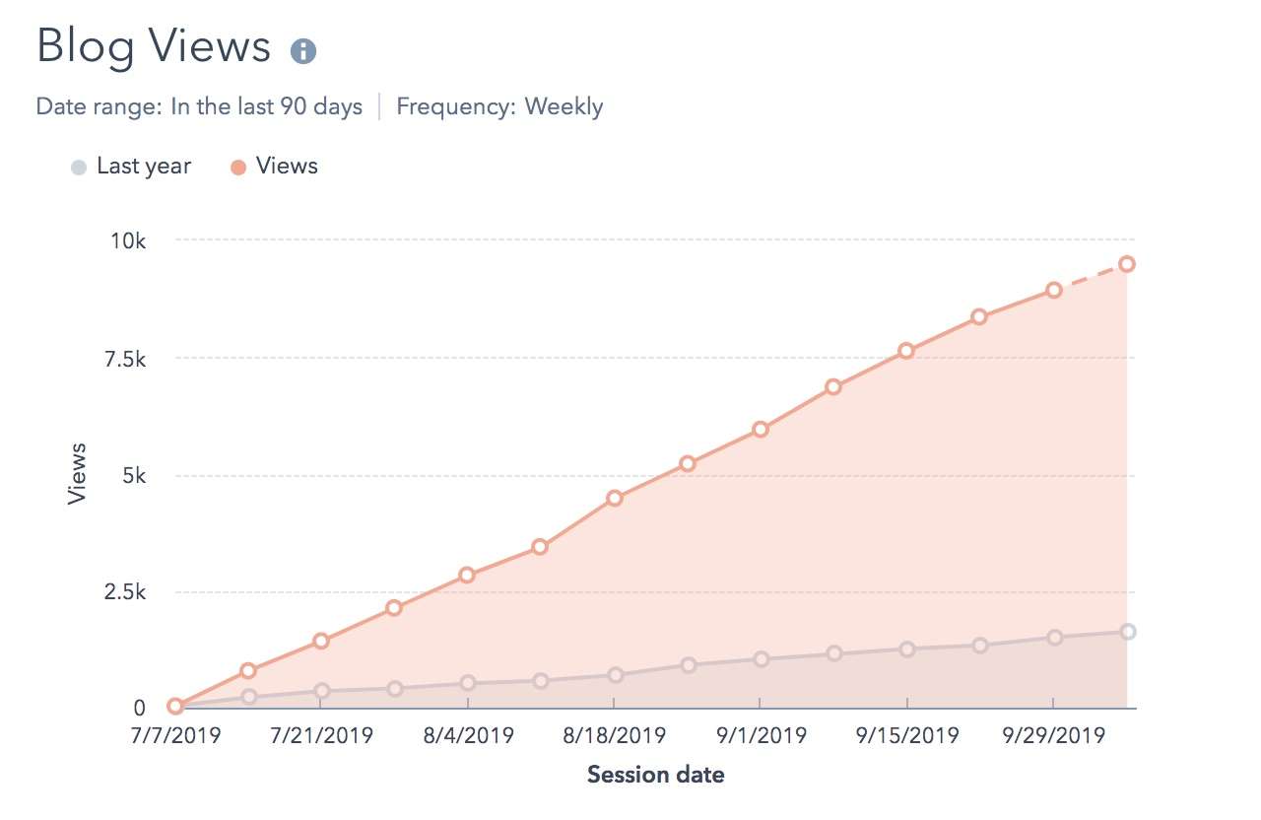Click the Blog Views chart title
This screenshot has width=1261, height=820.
click(x=153, y=47)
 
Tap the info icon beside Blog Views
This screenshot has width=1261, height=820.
click(x=303, y=51)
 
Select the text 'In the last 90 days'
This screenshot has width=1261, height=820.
click(x=266, y=106)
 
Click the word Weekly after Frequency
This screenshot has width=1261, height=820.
click(x=564, y=106)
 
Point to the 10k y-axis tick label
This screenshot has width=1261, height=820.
click(x=126, y=241)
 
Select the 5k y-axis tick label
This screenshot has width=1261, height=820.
click(x=132, y=476)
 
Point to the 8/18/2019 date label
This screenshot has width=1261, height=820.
click(x=614, y=735)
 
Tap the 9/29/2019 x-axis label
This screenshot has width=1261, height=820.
click(x=1053, y=735)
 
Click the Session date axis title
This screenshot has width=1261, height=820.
click(x=655, y=775)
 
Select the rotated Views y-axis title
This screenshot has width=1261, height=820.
click(x=77, y=474)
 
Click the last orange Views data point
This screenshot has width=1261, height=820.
click(x=1127, y=263)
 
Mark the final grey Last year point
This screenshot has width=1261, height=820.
click(x=1127, y=632)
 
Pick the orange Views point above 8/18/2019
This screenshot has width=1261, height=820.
click(x=614, y=498)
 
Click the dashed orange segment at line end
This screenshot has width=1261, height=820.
click(x=1091, y=277)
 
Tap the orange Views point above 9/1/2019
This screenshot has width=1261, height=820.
click(x=760, y=429)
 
